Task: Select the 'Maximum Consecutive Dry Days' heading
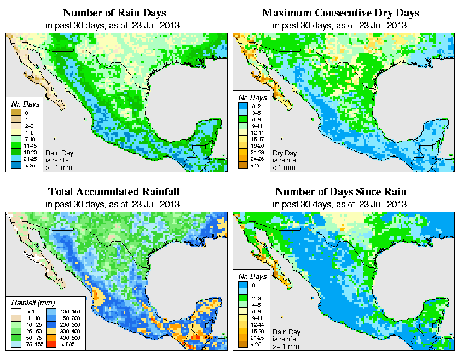coord(341,13)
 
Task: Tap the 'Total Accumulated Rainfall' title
coord(114,192)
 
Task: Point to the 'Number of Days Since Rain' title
coord(341,192)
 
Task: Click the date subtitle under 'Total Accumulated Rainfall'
coord(114,204)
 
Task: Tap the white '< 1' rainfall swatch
coord(16,311)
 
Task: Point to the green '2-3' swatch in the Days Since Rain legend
coord(242,299)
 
